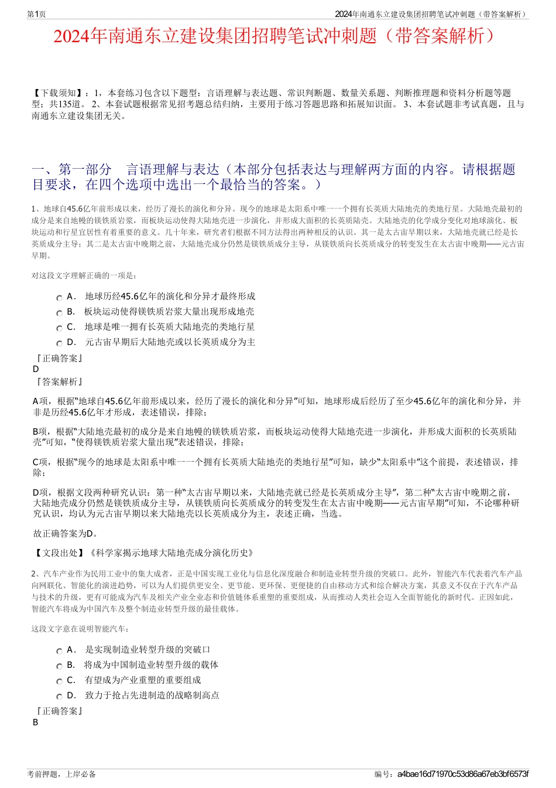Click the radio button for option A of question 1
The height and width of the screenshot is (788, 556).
tap(59, 298)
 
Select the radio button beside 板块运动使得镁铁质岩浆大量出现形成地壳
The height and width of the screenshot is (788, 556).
tap(59, 313)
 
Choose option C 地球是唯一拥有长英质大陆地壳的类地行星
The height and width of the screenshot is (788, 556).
tap(59, 328)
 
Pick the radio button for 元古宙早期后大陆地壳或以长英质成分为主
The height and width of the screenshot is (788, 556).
tap(59, 343)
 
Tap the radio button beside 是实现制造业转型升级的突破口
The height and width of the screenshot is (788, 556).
tap(59, 651)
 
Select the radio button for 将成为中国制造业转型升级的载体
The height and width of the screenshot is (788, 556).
tap(59, 666)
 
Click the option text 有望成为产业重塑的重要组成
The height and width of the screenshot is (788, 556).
tap(143, 680)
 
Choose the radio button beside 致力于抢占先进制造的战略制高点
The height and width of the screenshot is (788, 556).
tap(59, 697)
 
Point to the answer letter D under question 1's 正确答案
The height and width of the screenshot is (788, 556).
tap(36, 369)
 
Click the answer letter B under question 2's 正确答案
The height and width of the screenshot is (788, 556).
tap(35, 722)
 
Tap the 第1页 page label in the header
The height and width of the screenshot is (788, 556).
tap(36, 14)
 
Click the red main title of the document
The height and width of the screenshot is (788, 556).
tap(277, 36)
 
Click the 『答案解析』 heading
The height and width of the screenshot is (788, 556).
tap(59, 382)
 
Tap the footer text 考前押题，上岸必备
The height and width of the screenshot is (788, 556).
tap(61, 774)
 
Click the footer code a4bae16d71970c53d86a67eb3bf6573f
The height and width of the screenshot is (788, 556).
tap(462, 774)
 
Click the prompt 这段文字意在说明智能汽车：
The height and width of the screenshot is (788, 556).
tap(81, 629)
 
